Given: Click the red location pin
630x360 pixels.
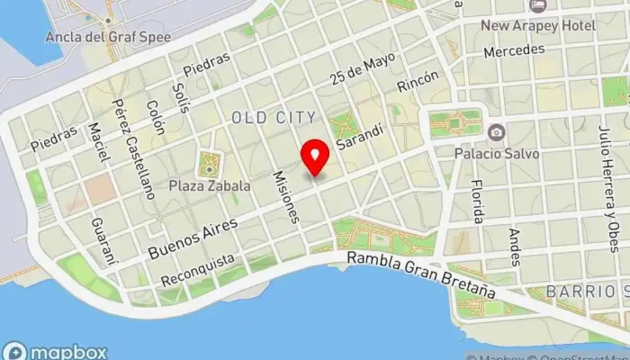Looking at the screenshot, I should [x=315, y=158].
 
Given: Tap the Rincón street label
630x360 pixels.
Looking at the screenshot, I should [x=418, y=85].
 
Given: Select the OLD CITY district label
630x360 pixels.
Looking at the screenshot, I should [x=274, y=118].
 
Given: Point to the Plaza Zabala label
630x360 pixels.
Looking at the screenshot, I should [x=209, y=186].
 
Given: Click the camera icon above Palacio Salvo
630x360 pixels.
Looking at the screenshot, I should [x=496, y=132].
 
